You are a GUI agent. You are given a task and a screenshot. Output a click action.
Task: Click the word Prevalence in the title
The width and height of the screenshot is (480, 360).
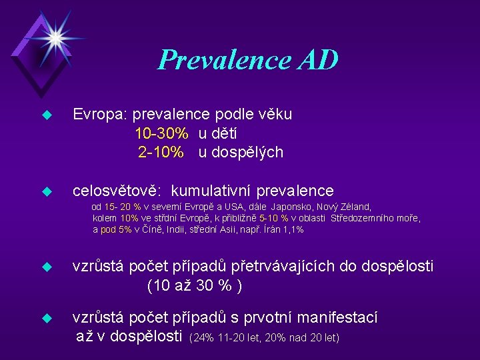click(x=223, y=61)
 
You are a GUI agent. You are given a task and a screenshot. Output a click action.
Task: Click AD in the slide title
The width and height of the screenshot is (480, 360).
click(x=317, y=61)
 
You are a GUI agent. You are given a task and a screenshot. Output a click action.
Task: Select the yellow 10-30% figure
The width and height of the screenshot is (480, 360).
click(x=161, y=133)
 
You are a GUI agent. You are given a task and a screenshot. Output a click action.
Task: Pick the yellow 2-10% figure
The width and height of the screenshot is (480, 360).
click(x=161, y=153)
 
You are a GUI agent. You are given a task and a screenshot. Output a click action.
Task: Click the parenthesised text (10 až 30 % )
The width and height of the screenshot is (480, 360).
click(x=194, y=286)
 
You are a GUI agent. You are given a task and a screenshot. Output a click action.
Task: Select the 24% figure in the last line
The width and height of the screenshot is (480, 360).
click(x=203, y=338)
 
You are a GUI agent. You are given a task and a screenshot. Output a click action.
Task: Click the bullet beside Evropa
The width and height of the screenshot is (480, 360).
click(x=46, y=115)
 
